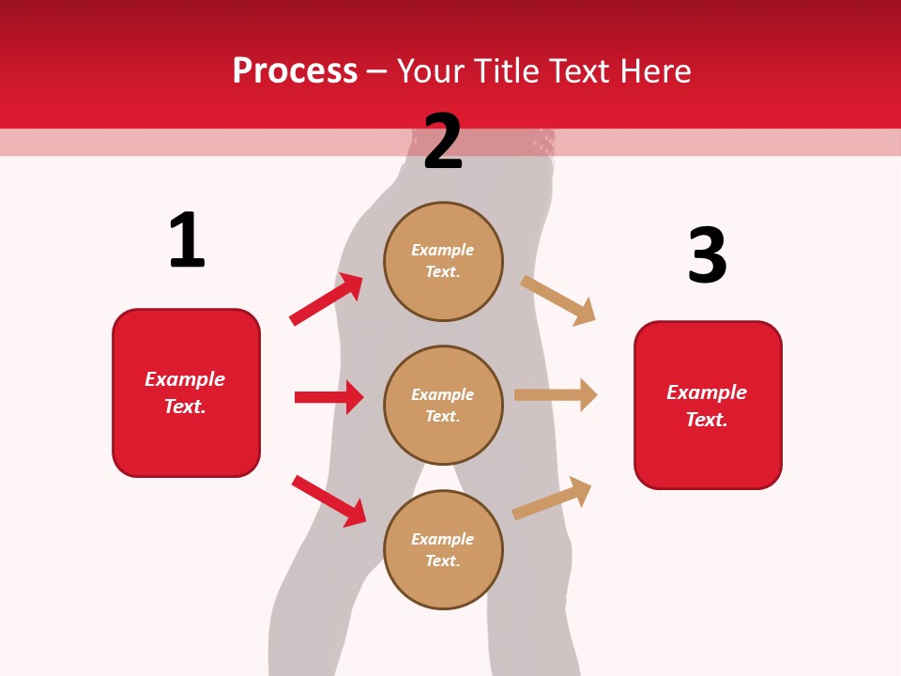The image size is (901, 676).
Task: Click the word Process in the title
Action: coord(295,71)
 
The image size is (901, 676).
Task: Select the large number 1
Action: coord(187,240)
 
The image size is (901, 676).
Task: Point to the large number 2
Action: coord(443,142)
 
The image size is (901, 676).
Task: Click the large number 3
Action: coord(707,255)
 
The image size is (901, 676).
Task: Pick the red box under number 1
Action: coord(186,392)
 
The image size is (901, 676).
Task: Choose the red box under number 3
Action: coord(708,406)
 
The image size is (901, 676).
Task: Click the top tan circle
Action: coord(443,261)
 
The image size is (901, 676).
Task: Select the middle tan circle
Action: coord(443,406)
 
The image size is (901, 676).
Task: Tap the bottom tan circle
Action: coord(443,550)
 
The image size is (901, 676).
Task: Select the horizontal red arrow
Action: coord(328,397)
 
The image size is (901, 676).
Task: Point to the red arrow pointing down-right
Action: coord(328,500)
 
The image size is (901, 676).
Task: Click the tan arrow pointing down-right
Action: coord(558,300)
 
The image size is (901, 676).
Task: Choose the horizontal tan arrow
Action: coord(556,394)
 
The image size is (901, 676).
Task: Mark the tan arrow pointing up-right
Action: coord(552,499)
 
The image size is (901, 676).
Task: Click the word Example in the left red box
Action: coord(185,379)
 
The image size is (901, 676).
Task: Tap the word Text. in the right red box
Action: coord(707,420)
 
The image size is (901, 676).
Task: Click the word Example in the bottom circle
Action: coord(443,539)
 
